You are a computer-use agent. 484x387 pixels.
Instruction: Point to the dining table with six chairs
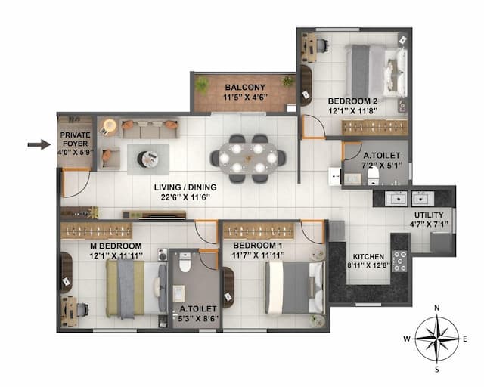coord(248,157)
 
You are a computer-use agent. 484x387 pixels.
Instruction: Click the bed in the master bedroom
coord(135,288)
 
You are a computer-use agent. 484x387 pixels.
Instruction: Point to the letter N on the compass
coord(437,308)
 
